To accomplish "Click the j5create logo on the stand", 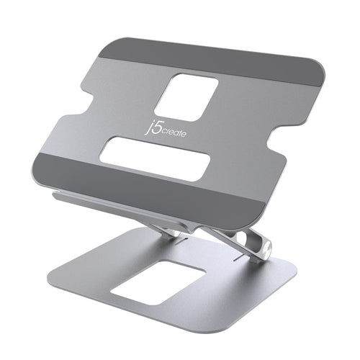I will coord(190,130).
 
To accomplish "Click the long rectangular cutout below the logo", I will coord(155,158).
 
